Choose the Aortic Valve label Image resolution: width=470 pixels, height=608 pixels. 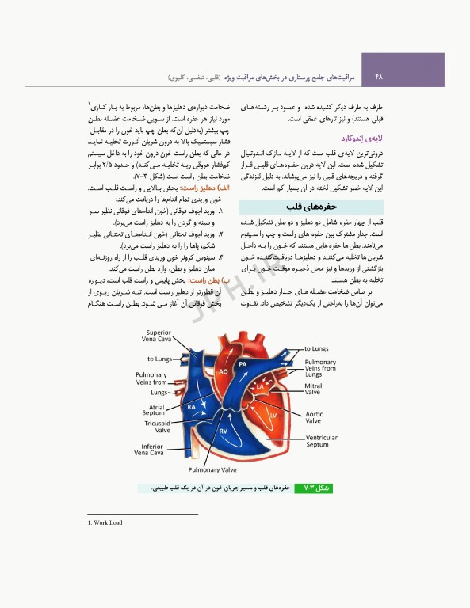pyautogui.click(x=314, y=417)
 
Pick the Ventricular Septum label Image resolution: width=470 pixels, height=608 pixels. pyautogui.click(x=321, y=441)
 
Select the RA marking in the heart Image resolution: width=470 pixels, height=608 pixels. pyautogui.click(x=192, y=406)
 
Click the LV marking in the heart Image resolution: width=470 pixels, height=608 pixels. pyautogui.click(x=273, y=414)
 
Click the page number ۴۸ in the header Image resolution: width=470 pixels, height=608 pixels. pyautogui.click(x=378, y=77)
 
